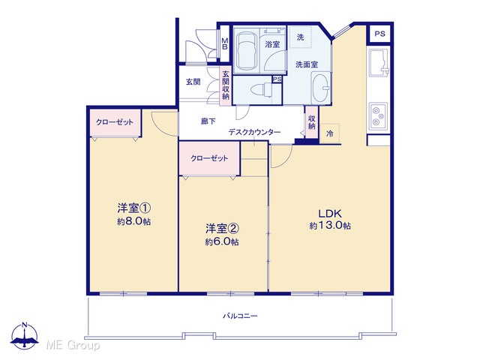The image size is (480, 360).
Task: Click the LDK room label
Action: [330, 213]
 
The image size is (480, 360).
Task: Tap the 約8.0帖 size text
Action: [133, 221]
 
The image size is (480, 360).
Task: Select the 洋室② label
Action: [222, 228]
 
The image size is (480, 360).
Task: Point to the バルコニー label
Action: [240, 316]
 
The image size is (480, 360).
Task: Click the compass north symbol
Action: [25, 335]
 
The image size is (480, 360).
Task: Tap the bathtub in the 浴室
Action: [247, 51]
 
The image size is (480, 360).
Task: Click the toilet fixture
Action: [261, 90]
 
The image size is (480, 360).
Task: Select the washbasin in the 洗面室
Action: [320, 88]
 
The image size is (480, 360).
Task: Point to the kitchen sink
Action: [379, 62]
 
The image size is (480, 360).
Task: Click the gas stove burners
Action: [378, 116]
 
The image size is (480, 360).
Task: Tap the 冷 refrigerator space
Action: [330, 133]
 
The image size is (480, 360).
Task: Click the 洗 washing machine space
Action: [301, 37]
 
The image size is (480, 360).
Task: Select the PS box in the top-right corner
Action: [380, 33]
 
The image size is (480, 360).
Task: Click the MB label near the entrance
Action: [225, 43]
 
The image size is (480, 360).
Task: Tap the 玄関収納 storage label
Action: [226, 85]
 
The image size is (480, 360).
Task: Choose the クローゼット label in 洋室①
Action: [115, 122]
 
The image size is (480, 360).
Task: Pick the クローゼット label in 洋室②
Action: [209, 158]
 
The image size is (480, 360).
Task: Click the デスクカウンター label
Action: [254, 132]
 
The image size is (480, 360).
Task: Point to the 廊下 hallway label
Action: [208, 121]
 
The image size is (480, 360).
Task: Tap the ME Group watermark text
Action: [73, 346]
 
